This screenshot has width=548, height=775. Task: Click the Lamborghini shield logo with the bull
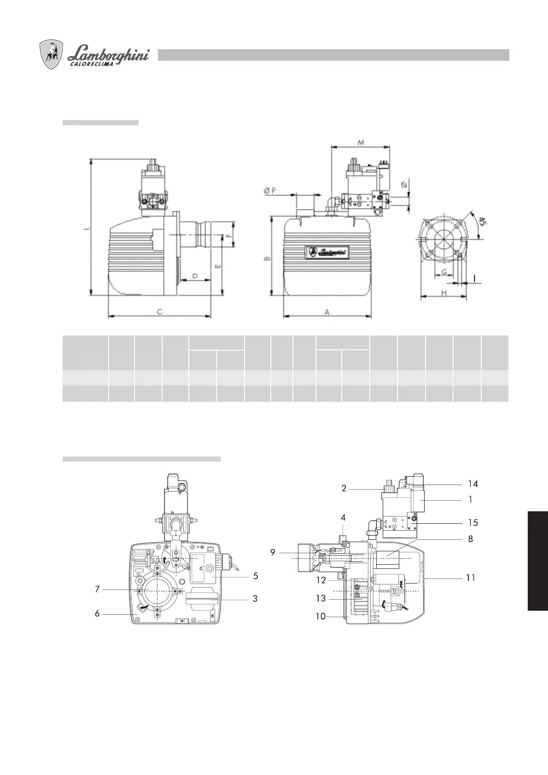(x=51, y=55)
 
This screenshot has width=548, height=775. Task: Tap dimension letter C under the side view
(x=159, y=312)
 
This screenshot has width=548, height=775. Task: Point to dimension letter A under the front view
(x=327, y=312)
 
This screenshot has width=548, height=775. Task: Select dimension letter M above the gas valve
(x=361, y=143)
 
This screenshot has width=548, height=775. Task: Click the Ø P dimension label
(x=270, y=191)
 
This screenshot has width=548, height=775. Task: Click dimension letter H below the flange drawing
(x=444, y=293)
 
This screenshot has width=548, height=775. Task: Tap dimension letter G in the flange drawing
(x=444, y=272)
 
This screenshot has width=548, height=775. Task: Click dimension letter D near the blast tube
(x=195, y=276)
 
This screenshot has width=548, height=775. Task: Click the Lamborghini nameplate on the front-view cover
(x=328, y=252)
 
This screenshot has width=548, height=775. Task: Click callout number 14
(x=473, y=484)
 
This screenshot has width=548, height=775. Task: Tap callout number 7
(x=97, y=589)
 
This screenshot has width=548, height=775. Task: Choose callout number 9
(x=273, y=552)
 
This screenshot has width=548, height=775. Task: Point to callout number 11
(x=470, y=578)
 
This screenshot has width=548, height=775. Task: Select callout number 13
(x=321, y=598)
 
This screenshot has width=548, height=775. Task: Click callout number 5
(x=255, y=576)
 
